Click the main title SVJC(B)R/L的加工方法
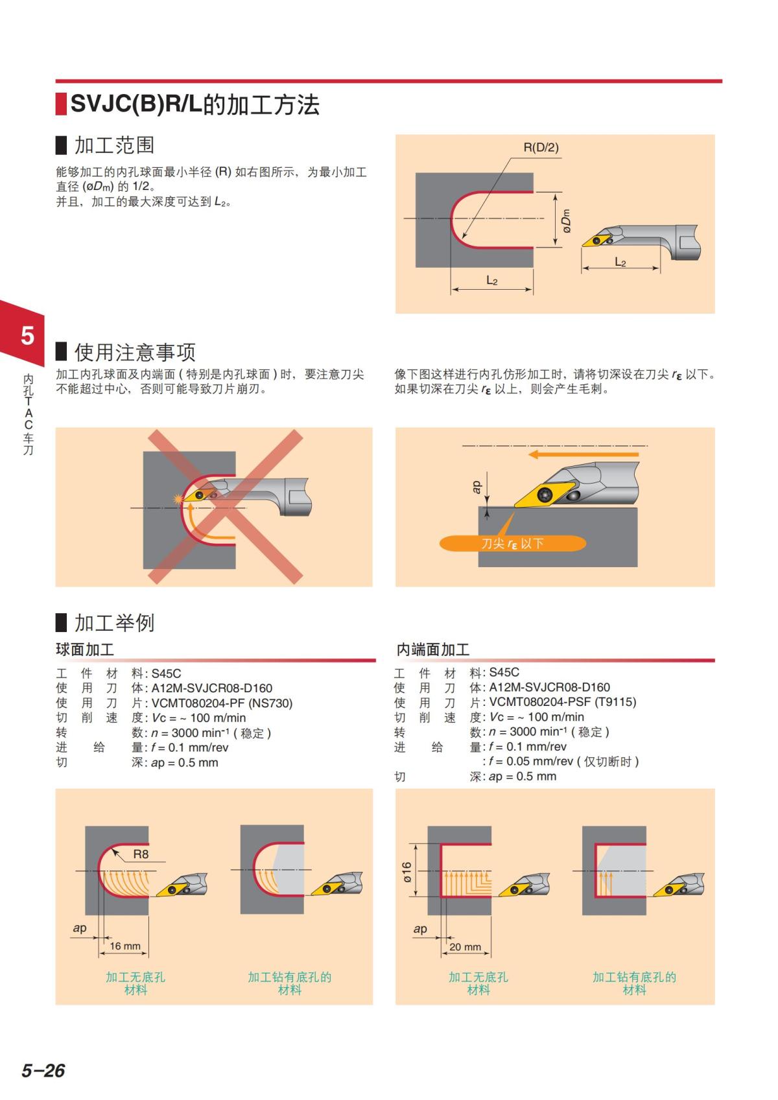tap(195, 104)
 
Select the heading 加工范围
tap(115, 145)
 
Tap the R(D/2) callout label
tap(541, 147)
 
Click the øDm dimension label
tap(566, 220)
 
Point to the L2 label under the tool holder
tap(620, 262)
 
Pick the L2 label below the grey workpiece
tap(491, 281)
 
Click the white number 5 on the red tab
tap(27, 336)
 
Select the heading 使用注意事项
tap(135, 352)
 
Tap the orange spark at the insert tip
tap(178, 499)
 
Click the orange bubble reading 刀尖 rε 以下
tap(512, 543)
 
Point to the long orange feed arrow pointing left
tap(583, 454)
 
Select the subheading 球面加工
tap(85, 649)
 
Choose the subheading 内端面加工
tap(432, 649)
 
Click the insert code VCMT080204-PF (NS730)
tap(222, 703)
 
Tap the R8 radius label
tap(141, 854)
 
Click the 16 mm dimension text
tap(124, 946)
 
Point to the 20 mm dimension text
tap(465, 947)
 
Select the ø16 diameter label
tap(407, 872)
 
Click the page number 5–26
tap(43, 1071)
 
